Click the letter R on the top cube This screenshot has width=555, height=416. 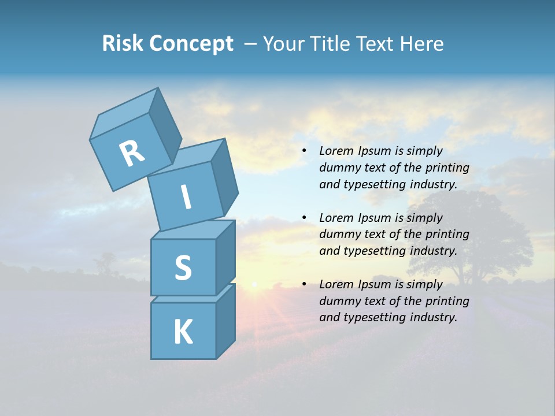tap(132, 153)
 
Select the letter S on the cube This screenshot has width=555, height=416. tap(183, 268)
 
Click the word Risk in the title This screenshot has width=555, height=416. tap(124, 44)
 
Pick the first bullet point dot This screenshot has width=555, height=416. tap(304, 151)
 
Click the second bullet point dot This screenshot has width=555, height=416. tap(304, 218)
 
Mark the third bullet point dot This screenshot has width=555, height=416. tap(304, 284)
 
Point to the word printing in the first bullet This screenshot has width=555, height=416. tap(447, 168)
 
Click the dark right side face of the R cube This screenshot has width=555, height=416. tap(165, 127)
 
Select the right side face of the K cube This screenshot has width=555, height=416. tap(225, 321)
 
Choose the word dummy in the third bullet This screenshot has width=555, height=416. tap(339, 301)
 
